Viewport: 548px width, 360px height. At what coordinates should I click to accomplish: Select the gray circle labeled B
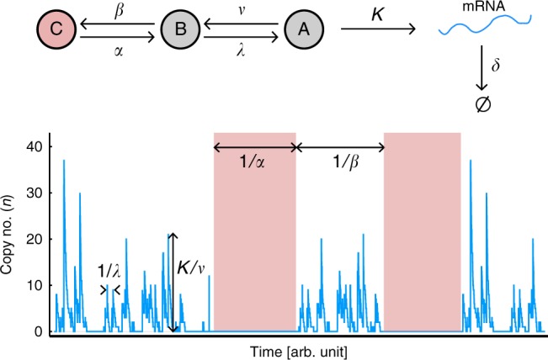coord(178,29)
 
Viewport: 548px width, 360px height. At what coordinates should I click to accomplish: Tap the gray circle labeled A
coord(300,29)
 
